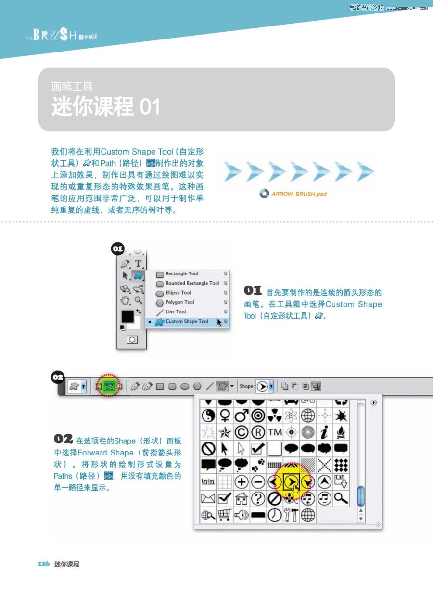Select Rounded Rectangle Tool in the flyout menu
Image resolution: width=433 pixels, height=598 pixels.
pyautogui.click(x=192, y=283)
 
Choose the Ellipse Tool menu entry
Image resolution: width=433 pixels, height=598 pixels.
pyautogui.click(x=178, y=293)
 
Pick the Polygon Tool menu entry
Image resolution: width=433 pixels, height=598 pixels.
pyautogui.click(x=180, y=302)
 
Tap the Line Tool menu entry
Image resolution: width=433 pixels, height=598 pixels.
pyautogui.click(x=176, y=312)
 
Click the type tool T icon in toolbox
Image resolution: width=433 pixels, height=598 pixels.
pyautogui.click(x=138, y=263)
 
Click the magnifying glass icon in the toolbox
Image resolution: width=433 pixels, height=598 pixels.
pyautogui.click(x=138, y=300)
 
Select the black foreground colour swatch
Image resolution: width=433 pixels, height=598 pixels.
pyautogui.click(x=127, y=316)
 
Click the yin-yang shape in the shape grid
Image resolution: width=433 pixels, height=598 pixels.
pyautogui.click(x=208, y=416)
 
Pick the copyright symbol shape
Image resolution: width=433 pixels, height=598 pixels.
pyautogui.click(x=242, y=432)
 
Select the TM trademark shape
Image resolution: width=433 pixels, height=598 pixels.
pyautogui.click(x=275, y=432)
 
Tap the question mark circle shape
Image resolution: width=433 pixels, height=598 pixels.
pyautogui.click(x=258, y=498)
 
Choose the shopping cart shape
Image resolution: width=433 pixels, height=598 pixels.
pyautogui.click(x=225, y=515)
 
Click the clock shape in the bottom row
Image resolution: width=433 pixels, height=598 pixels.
pyautogui.click(x=275, y=515)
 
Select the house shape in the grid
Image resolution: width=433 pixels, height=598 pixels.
pyautogui.click(x=242, y=498)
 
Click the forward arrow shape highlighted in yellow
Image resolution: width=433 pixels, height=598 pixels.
pyautogui.click(x=292, y=482)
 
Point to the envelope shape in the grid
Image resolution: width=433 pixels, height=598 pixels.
pyautogui.click(x=208, y=498)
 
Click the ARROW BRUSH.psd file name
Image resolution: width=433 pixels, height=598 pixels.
pyautogui.click(x=299, y=194)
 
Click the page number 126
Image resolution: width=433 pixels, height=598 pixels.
pyautogui.click(x=43, y=564)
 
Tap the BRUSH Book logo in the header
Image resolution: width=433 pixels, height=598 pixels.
pyautogui.click(x=62, y=35)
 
